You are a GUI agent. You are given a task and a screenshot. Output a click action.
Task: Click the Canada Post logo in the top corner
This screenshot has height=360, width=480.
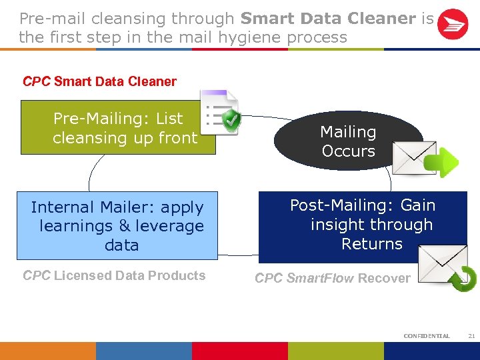453,25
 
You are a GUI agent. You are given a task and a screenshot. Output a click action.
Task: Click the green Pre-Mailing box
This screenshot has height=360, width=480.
118,128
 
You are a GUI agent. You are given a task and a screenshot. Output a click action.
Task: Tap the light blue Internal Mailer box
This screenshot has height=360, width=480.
117,226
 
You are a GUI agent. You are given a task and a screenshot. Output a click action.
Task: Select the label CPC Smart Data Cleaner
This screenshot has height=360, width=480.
100,82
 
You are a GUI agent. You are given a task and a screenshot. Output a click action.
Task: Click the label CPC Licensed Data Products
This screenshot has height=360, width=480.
114,275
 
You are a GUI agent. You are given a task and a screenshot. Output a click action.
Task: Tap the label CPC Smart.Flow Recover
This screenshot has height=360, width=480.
333,278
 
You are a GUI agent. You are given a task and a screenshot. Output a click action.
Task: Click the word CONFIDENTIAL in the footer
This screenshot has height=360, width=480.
427,336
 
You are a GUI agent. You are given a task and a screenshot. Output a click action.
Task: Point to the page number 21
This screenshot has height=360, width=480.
471,336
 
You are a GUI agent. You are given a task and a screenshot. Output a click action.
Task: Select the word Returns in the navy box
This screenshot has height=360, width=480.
372,244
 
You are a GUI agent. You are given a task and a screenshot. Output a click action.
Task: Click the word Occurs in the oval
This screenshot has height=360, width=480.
348,151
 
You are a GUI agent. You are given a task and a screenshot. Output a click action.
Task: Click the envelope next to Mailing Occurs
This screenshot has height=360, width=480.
413,158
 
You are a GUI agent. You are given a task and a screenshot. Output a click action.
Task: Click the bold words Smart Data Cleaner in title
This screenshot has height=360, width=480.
327,18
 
